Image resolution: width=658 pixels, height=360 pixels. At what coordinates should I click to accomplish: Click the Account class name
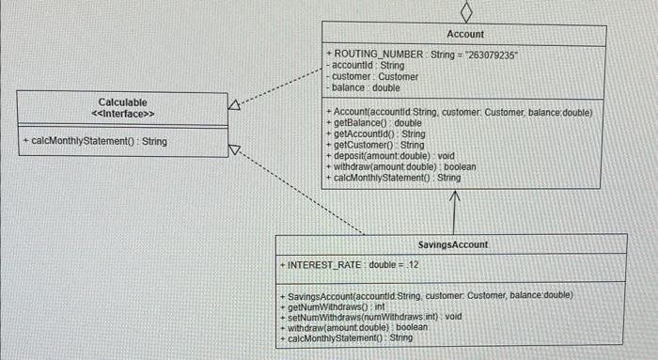click(465, 34)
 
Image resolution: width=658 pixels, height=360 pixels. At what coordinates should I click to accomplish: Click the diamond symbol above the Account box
click(465, 10)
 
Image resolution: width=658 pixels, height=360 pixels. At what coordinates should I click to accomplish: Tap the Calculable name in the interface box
click(122, 102)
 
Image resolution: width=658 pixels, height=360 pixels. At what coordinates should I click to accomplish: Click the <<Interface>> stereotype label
click(122, 114)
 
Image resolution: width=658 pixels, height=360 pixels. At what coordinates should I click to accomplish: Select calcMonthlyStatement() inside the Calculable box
click(94, 141)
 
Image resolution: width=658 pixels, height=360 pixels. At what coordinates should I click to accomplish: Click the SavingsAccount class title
click(453, 244)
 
